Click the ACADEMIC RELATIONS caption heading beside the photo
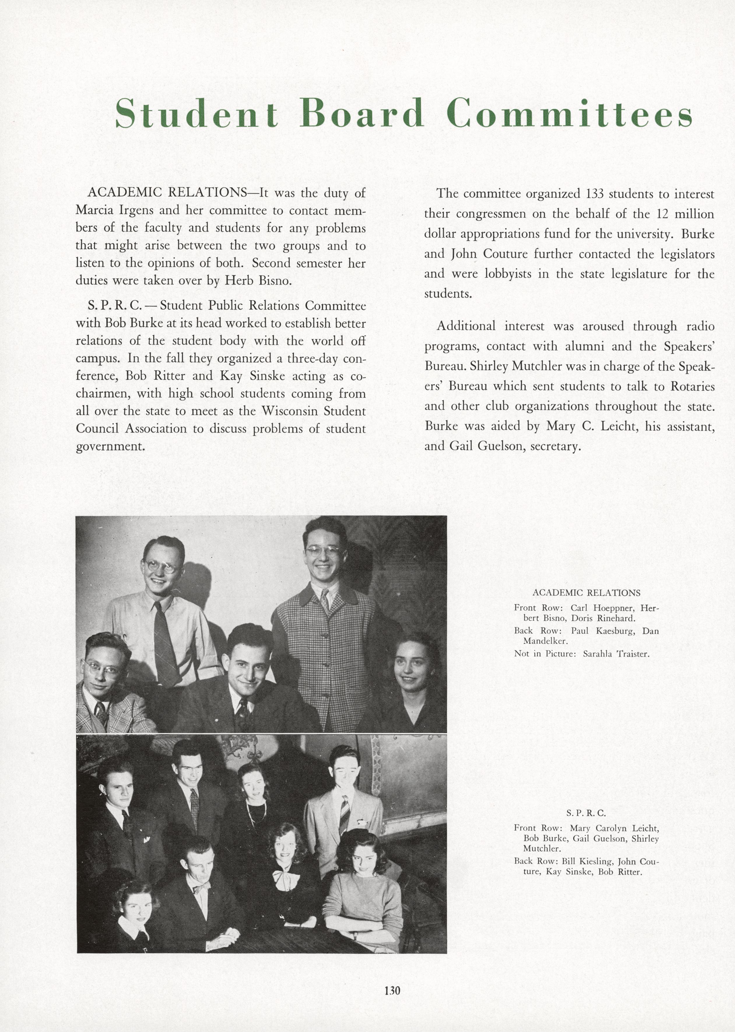tap(586, 592)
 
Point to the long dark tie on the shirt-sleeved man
tap(165, 643)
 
